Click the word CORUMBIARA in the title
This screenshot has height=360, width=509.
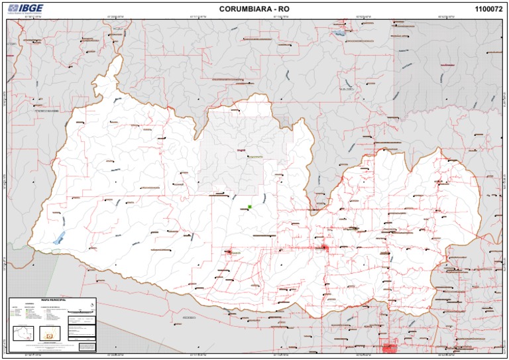[x=240, y=9]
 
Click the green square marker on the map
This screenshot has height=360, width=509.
[x=250, y=207]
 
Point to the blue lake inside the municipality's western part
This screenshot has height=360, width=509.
[x=59, y=237]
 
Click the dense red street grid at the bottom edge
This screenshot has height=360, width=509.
[x=389, y=348]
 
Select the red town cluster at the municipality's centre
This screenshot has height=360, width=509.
[x=325, y=248]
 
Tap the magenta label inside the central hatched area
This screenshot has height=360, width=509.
[x=240, y=150]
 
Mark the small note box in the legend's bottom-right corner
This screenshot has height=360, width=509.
[x=86, y=346]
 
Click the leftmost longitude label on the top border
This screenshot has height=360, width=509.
[x=32, y=19]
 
